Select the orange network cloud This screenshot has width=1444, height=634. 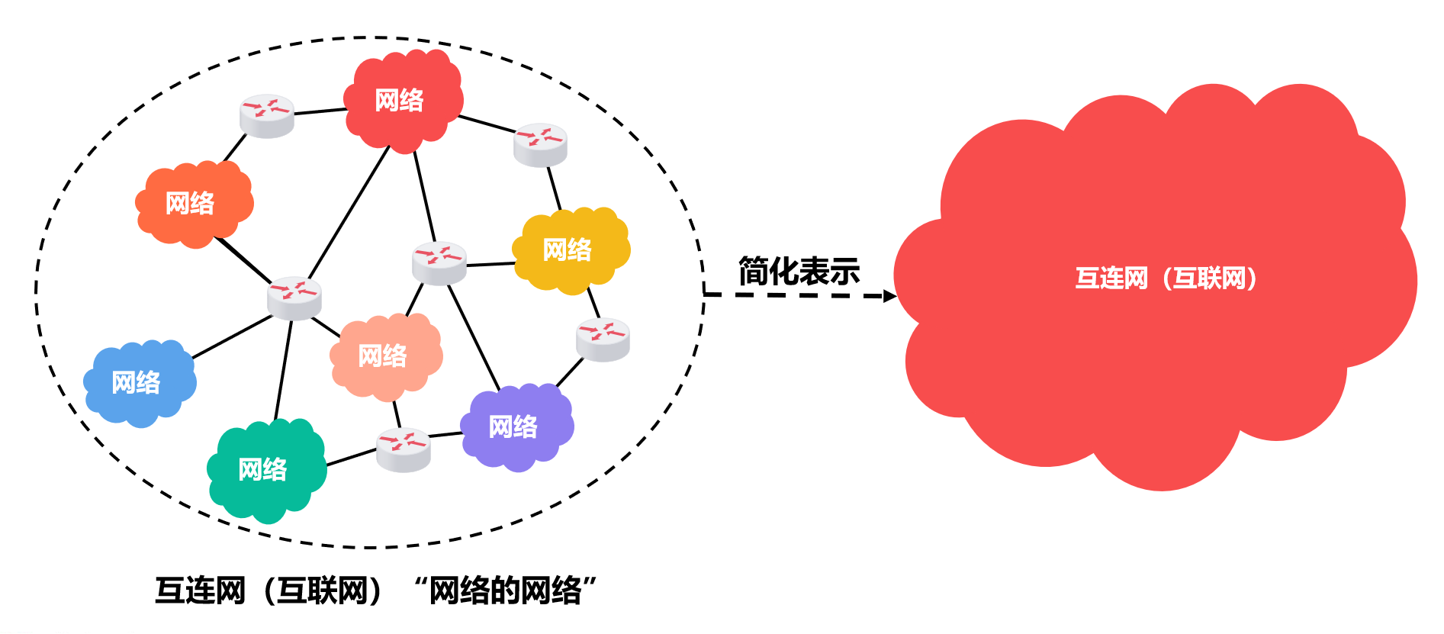click(194, 204)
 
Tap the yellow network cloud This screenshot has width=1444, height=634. click(571, 249)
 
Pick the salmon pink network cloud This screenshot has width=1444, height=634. click(386, 356)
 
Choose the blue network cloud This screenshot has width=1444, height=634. click(140, 382)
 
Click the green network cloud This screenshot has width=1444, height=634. click(266, 469)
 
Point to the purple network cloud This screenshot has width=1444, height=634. click(516, 426)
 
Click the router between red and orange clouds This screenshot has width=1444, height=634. click(267, 116)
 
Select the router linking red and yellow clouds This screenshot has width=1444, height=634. click(540, 144)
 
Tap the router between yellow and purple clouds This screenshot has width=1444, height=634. click(603, 339)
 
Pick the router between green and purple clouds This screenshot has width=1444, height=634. click(404, 449)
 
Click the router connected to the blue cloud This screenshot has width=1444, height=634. click(294, 298)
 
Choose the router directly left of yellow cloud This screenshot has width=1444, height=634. click(439, 262)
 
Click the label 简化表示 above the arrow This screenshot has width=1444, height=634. click(799, 272)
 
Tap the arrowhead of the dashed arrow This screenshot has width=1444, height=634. click(889, 295)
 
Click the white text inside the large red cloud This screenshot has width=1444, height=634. click(1166, 278)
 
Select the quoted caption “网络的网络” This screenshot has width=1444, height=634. click(505, 591)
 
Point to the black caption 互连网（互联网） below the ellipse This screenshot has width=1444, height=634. click(269, 591)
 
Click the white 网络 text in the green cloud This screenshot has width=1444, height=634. click(262, 469)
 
